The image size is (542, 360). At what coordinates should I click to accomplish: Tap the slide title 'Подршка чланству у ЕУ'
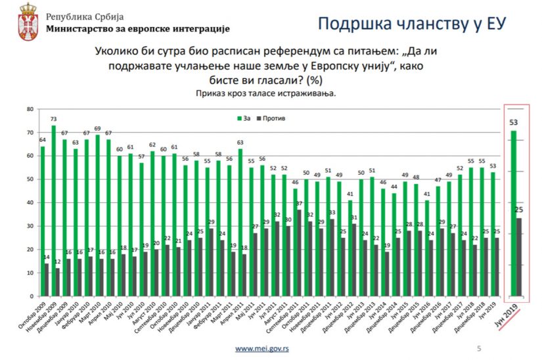click(x=411, y=24)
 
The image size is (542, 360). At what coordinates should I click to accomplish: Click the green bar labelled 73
click(x=53, y=210)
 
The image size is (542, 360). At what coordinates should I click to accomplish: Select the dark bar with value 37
click(x=300, y=253)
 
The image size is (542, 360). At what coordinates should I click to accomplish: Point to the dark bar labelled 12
click(x=57, y=282)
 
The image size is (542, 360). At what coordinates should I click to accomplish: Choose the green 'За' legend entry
click(x=242, y=118)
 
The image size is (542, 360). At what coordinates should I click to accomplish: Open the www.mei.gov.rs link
click(x=262, y=348)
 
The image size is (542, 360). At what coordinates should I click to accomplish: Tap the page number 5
click(x=478, y=348)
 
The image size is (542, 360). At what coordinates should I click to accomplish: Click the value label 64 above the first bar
click(x=42, y=140)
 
